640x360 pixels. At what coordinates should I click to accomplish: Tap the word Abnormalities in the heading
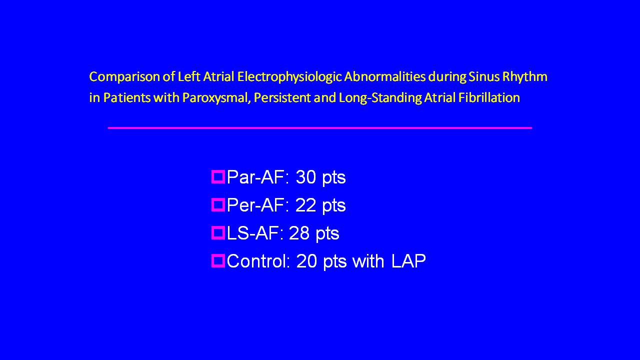(384, 77)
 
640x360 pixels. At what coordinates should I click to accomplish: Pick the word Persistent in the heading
(282, 97)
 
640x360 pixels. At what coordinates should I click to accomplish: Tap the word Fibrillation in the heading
(489, 97)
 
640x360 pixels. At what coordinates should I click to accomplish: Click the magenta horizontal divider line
(319, 128)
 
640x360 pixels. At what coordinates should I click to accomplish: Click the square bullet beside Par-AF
(218, 177)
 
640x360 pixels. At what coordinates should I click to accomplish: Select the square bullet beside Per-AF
(218, 205)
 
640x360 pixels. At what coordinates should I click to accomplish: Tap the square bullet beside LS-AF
(218, 233)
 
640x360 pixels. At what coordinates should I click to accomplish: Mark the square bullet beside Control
(218, 260)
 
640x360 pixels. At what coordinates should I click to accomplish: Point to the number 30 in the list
(305, 177)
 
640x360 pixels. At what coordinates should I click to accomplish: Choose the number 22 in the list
(305, 205)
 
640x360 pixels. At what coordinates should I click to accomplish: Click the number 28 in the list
(299, 233)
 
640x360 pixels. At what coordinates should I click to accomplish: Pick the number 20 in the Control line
(306, 261)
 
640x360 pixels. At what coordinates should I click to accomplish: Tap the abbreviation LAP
(408, 261)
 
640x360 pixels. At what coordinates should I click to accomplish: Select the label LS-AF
(252, 233)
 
